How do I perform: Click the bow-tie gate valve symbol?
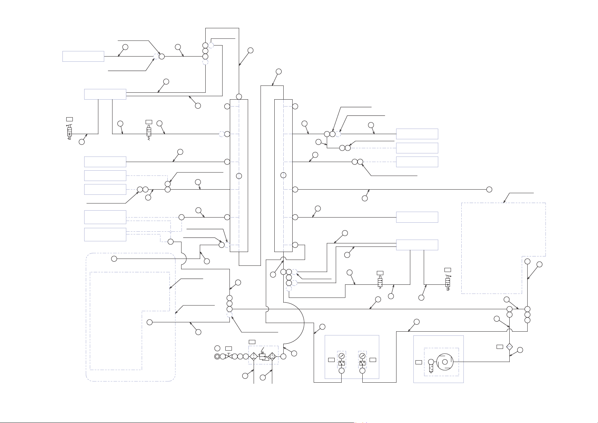tap(228, 356)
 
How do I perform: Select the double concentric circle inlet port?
tap(217, 356)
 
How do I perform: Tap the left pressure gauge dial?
tap(342, 356)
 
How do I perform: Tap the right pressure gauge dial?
tap(362, 356)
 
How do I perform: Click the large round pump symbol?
tap(445, 362)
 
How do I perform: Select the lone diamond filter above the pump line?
tap(509, 346)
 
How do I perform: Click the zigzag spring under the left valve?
tap(149, 138)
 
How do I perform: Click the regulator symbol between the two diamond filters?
tap(263, 356)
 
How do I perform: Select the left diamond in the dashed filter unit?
tap(253, 356)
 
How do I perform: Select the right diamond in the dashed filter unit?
tap(272, 356)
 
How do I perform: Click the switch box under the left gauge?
tap(342, 363)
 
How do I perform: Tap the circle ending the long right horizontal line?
tap(489, 189)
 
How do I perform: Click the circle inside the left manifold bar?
tap(239, 176)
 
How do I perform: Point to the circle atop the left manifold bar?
tap(239, 96)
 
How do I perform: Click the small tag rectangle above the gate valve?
tap(228, 348)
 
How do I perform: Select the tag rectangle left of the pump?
tap(419, 362)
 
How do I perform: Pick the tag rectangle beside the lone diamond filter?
tap(500, 346)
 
